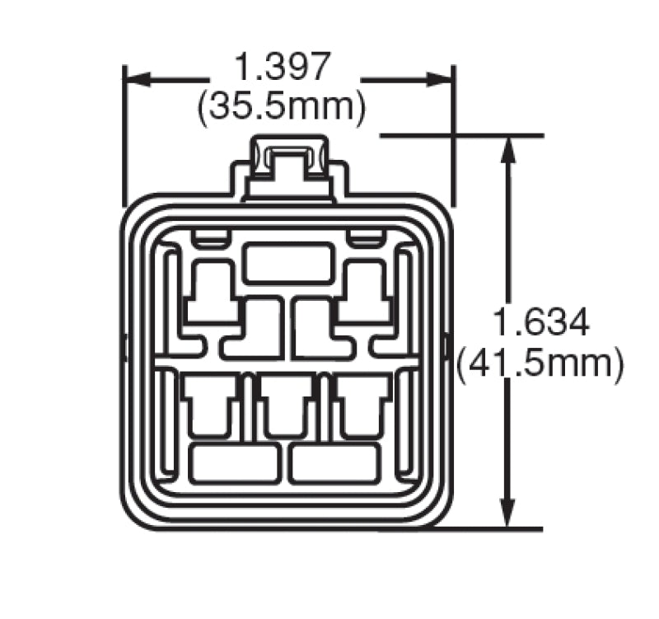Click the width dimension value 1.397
click(283, 66)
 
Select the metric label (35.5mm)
click(282, 107)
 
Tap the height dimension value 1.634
click(540, 322)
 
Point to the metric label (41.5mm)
click(540, 363)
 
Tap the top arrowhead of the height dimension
click(510, 148)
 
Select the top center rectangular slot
click(288, 263)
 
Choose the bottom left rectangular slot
click(234, 464)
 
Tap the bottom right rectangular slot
click(334, 464)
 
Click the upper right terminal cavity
click(362, 293)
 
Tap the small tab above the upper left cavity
click(211, 239)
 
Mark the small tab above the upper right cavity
click(365, 239)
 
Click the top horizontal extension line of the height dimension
click(461, 134)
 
